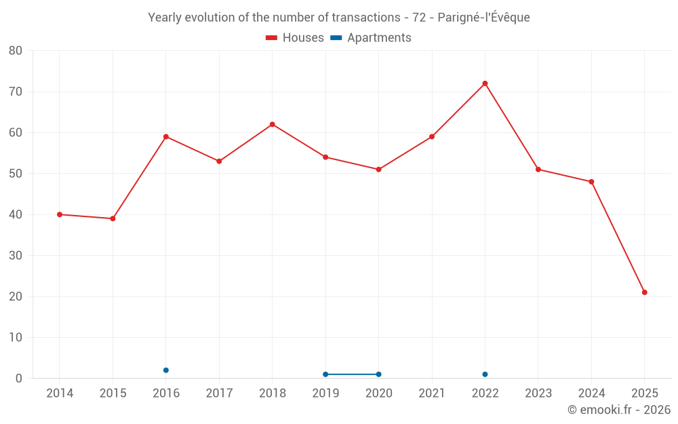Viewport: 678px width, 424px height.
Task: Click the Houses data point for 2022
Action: [485, 83]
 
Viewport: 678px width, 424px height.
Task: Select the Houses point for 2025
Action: [644, 292]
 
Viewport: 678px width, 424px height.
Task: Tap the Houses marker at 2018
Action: [273, 124]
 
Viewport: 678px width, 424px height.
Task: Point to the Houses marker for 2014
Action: [60, 214]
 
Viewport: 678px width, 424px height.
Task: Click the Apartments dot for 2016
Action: [166, 370]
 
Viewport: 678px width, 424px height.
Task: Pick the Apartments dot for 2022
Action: [485, 374]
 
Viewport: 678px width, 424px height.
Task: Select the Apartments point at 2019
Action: [325, 374]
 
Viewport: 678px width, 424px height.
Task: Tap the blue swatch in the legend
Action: [336, 38]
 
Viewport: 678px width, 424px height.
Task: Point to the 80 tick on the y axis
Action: [16, 51]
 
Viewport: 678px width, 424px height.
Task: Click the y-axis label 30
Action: [16, 256]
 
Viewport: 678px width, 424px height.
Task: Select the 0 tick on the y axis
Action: [19, 379]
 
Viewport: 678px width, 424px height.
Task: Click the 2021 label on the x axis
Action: [432, 393]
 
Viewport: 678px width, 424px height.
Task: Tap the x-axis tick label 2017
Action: [219, 393]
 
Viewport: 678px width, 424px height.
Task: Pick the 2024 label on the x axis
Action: [591, 393]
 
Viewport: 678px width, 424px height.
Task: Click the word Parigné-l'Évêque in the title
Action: [483, 18]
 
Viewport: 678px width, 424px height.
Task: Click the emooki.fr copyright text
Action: [618, 410]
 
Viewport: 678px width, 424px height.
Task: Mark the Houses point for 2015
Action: [113, 218]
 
